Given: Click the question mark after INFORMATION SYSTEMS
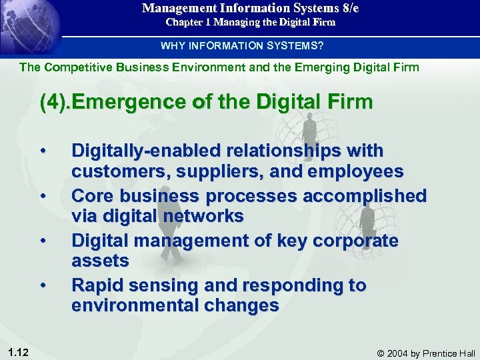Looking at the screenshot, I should click(x=322, y=46).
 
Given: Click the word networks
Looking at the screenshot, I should click(x=205, y=216).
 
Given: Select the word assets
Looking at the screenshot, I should click(x=100, y=261).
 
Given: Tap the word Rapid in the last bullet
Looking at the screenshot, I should click(x=99, y=285).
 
